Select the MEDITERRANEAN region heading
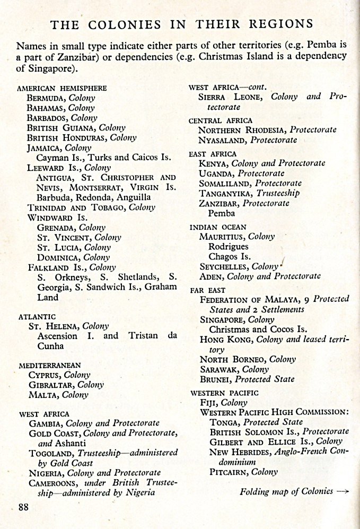point(50,366)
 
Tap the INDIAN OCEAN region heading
point(218,227)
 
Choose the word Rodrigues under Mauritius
point(228,247)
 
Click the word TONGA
point(223,422)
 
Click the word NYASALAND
point(223,140)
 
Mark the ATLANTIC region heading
point(37,317)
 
